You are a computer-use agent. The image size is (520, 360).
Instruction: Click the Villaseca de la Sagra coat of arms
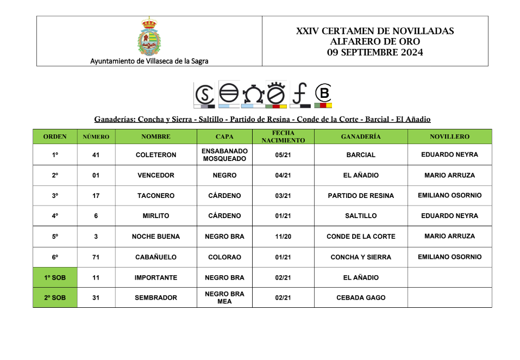point(149,36)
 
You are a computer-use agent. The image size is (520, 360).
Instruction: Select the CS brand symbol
point(204,95)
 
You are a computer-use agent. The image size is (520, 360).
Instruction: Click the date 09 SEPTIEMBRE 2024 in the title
point(375,53)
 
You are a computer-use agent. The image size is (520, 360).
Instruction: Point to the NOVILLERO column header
point(449,136)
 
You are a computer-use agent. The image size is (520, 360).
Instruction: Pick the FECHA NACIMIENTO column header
point(283,136)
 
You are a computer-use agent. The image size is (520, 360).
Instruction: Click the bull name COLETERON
point(156,155)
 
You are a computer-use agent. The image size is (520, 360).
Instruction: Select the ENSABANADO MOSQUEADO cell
point(224,155)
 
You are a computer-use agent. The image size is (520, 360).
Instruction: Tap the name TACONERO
point(156,196)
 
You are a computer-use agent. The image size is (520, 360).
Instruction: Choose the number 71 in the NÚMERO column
point(96,257)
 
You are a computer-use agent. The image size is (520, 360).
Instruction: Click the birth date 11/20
point(283,237)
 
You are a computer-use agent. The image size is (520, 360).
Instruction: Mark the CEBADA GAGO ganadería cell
point(361,298)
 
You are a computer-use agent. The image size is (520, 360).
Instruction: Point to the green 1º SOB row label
point(55,278)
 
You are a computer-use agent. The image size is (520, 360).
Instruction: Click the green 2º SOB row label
point(55,298)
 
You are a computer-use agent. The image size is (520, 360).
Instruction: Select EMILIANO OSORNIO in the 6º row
point(449,257)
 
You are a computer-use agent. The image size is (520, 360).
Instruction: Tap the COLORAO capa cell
point(224,257)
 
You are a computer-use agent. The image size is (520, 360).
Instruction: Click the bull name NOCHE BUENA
point(156,237)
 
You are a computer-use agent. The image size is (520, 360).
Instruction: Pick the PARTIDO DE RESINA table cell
point(361,196)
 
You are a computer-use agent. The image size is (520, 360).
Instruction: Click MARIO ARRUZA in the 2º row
point(449,175)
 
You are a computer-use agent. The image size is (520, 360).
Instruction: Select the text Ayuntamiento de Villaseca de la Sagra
point(149,61)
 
